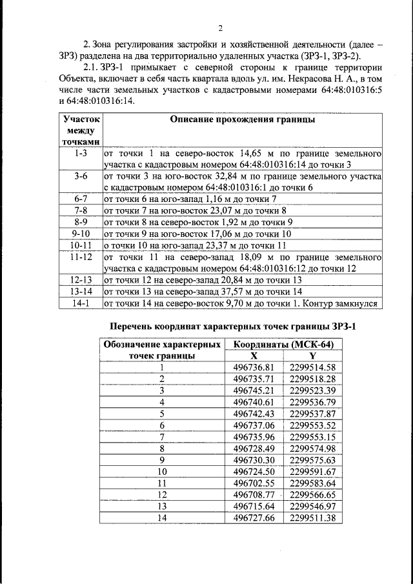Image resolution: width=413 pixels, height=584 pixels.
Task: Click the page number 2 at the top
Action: pyautogui.click(x=220, y=28)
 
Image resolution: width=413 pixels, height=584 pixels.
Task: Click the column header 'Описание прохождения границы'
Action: pyautogui.click(x=242, y=120)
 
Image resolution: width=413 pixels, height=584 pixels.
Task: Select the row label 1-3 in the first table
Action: pyautogui.click(x=81, y=154)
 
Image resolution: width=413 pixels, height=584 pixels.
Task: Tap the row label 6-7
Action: pyautogui.click(x=81, y=199)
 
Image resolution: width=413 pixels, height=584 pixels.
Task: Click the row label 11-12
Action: pyautogui.click(x=81, y=257)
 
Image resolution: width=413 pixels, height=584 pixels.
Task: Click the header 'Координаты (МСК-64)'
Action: pyautogui.click(x=283, y=345)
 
